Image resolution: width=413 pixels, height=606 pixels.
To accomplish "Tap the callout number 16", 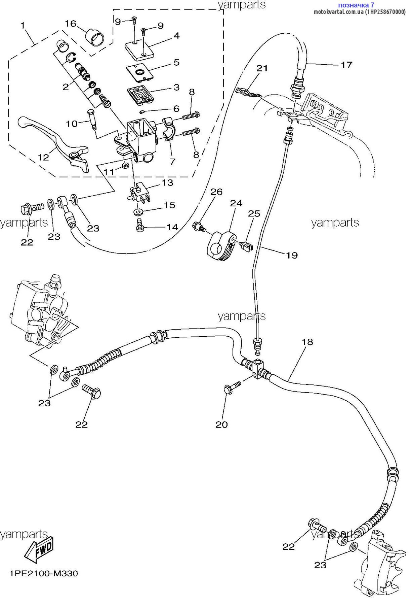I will (x=71, y=24).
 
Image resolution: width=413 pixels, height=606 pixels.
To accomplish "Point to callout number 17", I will (x=346, y=65).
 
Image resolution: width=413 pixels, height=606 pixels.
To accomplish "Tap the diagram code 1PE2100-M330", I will (x=44, y=573).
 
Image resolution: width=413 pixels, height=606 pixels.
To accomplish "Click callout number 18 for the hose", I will (x=307, y=342).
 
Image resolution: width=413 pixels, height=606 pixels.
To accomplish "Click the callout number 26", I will (x=216, y=192).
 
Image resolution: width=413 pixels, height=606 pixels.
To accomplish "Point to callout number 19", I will (x=292, y=255).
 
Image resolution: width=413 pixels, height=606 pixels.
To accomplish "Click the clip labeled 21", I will (x=249, y=93).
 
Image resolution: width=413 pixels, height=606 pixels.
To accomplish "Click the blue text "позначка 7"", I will (x=356, y=5).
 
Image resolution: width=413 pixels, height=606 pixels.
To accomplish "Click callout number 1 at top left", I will (x=23, y=25).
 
